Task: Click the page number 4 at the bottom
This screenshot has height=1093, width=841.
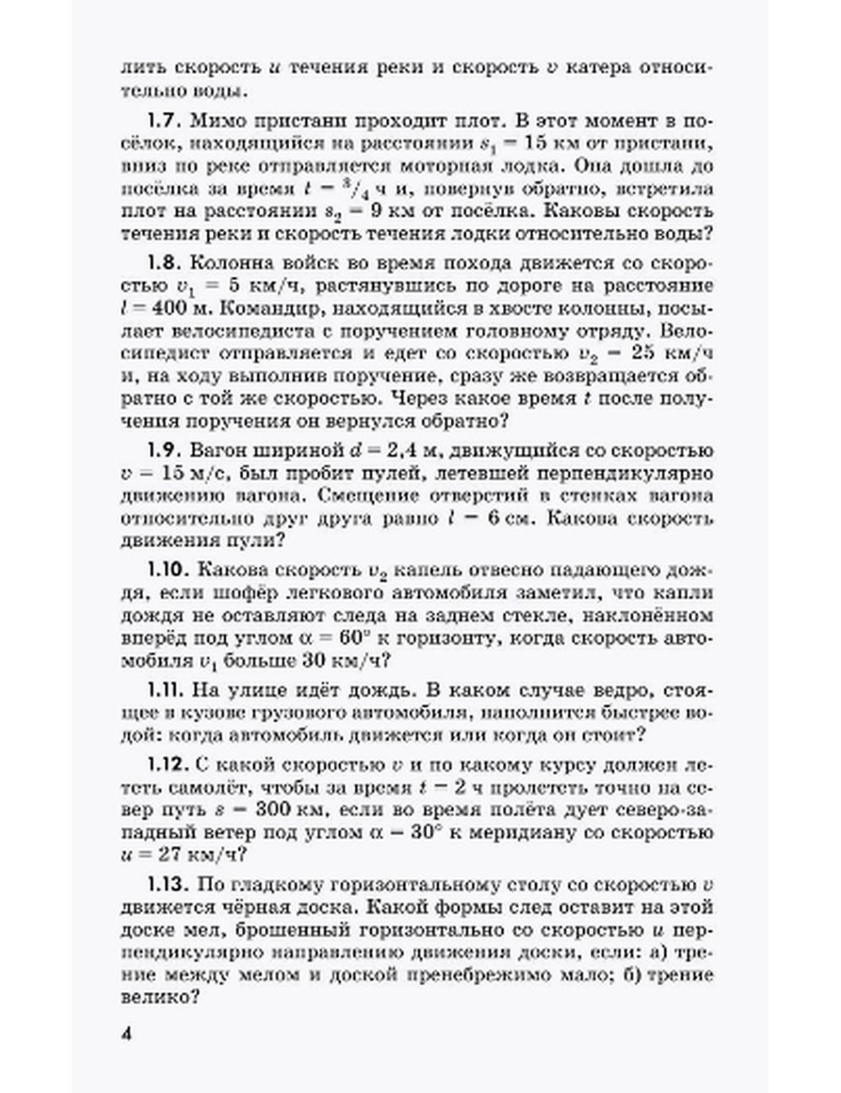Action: (128, 1033)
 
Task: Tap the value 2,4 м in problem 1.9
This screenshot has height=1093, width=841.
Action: (419, 451)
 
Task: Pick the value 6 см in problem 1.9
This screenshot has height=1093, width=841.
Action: (510, 519)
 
